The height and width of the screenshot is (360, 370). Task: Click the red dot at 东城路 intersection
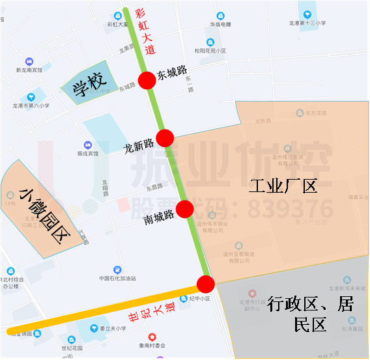pyautogui.click(x=147, y=79)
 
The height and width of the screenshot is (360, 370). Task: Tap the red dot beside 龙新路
pyautogui.click(x=165, y=137)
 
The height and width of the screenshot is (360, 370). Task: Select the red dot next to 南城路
pyautogui.click(x=185, y=208)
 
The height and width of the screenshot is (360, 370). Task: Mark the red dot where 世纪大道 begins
pyautogui.click(x=206, y=284)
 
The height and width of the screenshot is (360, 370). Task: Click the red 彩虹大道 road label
pyautogui.click(x=144, y=31)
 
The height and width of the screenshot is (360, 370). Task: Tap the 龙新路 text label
pyautogui.click(x=139, y=145)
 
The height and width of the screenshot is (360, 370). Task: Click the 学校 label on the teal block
pyautogui.click(x=89, y=87)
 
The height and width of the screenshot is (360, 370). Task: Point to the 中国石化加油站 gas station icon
pyautogui.click(x=117, y=269)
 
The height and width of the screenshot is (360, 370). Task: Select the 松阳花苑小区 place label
pyautogui.click(x=210, y=50)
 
